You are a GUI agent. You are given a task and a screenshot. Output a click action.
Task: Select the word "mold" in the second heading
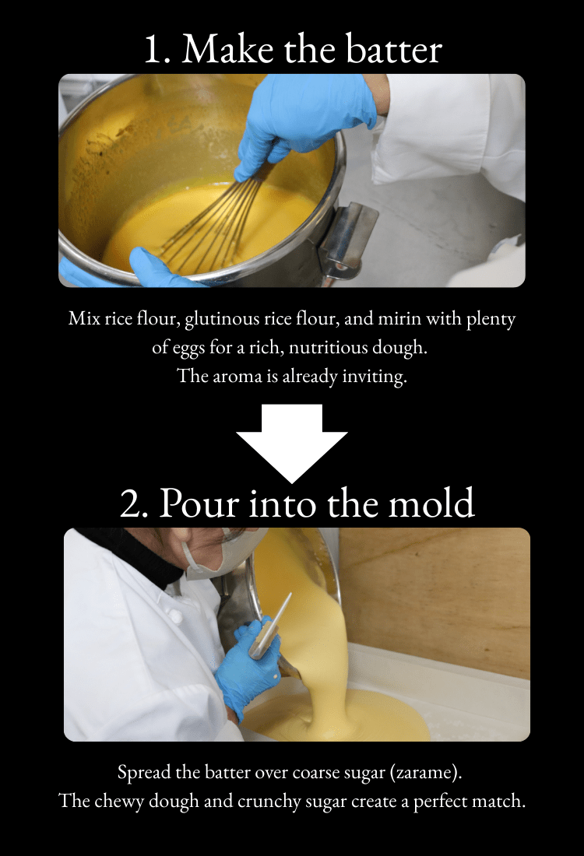pos(431,502)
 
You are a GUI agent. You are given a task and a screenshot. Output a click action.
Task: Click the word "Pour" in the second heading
pos(199,503)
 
